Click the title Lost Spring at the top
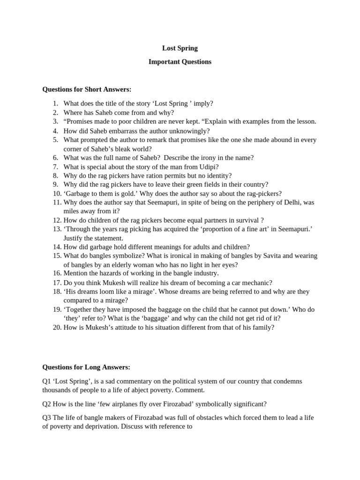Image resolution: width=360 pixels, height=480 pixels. click(x=180, y=48)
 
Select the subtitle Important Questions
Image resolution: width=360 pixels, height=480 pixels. click(x=180, y=62)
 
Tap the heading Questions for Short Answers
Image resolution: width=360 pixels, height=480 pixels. click(x=87, y=90)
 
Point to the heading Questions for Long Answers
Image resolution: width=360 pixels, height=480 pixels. click(x=86, y=367)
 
